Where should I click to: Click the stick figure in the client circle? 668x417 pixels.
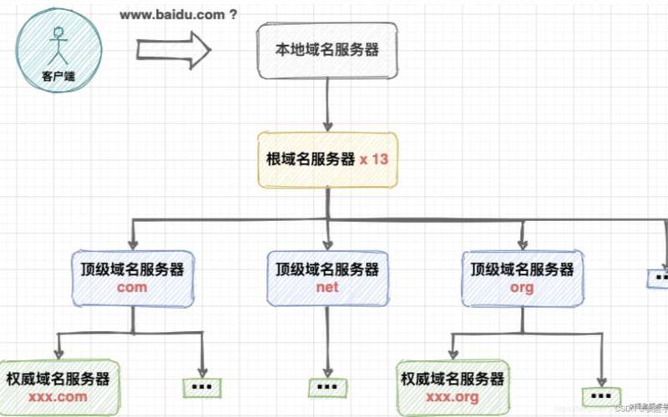click(58, 46)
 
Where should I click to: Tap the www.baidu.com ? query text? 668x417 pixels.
click(178, 14)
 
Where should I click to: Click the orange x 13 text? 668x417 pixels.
click(373, 158)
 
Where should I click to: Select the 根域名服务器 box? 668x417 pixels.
click(326, 158)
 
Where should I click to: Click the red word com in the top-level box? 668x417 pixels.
click(132, 288)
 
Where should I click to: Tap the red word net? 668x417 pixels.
click(327, 288)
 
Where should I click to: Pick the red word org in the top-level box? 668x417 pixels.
click(522, 288)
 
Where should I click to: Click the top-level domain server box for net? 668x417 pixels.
click(327, 278)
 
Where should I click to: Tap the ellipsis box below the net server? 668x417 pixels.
click(326, 388)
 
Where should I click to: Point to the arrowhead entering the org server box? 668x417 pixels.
click(522, 244)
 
